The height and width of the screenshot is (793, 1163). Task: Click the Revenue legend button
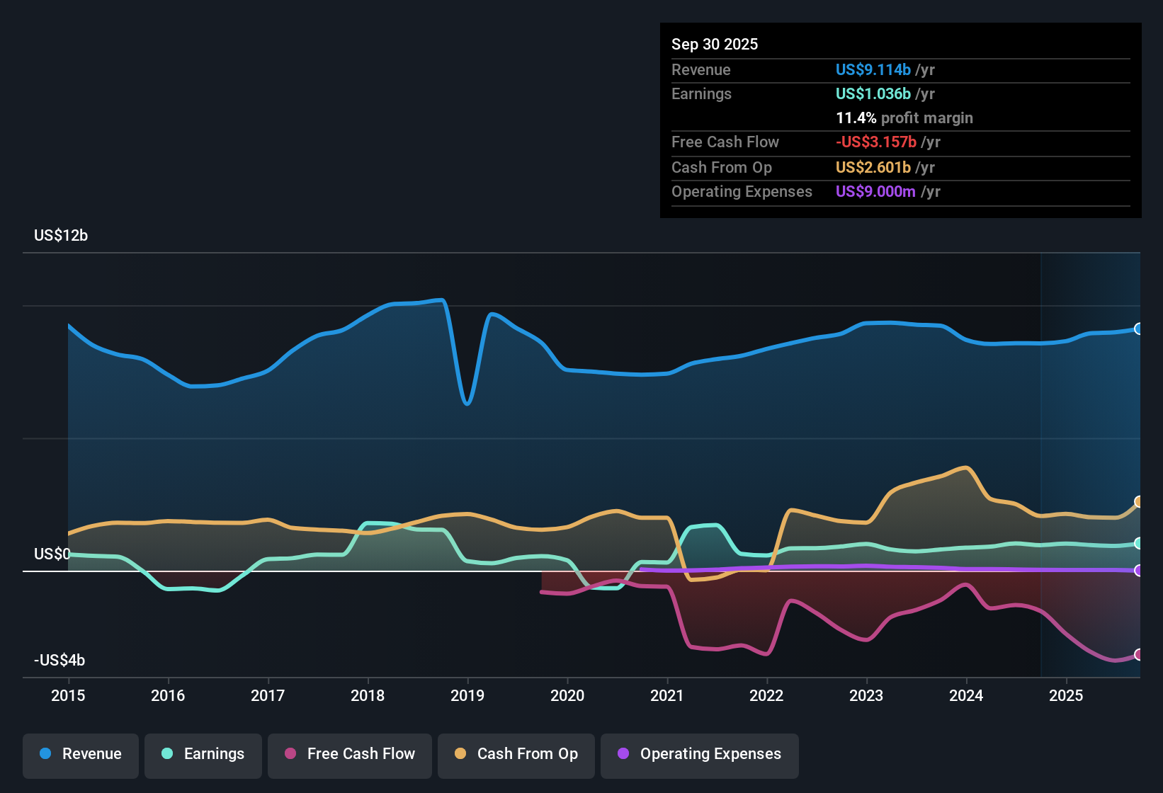[81, 754]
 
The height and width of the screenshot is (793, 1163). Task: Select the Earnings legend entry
[203, 754]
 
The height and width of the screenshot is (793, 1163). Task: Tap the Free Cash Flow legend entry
[350, 754]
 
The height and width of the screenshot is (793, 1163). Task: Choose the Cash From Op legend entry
[516, 754]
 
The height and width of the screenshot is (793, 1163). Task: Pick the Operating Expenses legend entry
[700, 754]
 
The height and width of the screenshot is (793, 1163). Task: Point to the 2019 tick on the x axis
[467, 695]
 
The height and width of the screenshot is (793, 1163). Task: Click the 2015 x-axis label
[68, 695]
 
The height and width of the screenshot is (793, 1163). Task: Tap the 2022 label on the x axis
[766, 695]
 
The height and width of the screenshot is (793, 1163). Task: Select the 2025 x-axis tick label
[1066, 695]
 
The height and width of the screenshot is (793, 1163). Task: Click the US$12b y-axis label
[61, 236]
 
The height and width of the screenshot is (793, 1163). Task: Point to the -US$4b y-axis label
[59, 661]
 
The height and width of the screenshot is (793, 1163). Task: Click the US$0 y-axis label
[52, 554]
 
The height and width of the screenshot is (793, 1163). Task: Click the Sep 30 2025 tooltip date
[715, 44]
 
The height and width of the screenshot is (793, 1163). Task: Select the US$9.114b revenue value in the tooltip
[873, 69]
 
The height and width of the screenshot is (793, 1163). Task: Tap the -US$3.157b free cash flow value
[876, 142]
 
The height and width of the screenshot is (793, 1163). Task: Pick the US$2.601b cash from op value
[873, 167]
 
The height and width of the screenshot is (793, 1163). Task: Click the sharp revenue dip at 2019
[467, 403]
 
